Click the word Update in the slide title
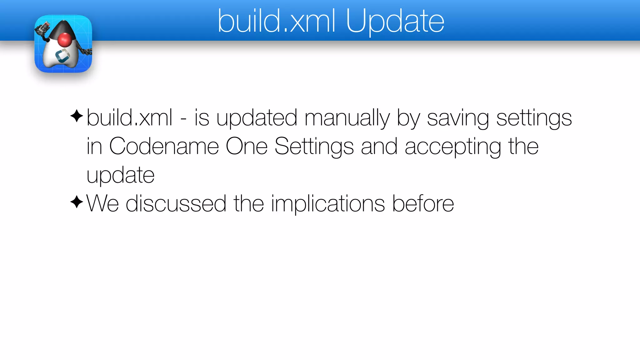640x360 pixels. [395, 21]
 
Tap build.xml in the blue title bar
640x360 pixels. [277, 21]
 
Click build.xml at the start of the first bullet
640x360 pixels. [129, 118]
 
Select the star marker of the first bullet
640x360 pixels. [77, 116]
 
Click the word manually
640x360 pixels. [347, 118]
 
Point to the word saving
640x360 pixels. [458, 118]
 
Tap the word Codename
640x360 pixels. [164, 146]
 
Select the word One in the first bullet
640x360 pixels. [246, 146]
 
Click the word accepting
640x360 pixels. [453, 146]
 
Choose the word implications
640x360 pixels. [328, 204]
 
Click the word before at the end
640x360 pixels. [423, 204]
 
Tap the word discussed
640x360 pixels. [176, 204]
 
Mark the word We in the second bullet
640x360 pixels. [102, 204]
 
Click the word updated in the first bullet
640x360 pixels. [256, 118]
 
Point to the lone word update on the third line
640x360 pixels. [120, 175]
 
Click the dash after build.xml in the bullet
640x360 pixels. [183, 119]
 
